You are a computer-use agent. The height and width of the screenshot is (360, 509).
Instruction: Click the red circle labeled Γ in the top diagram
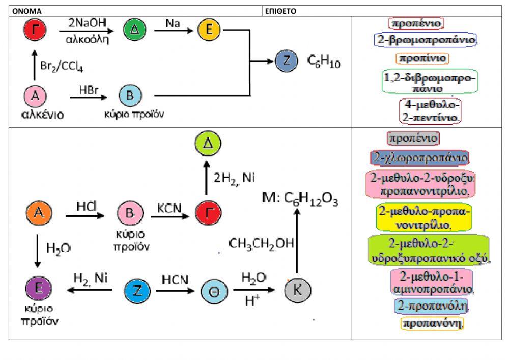pyautogui.click(x=35, y=31)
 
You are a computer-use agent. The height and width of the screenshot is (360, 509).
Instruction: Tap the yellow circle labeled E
pyautogui.click(x=209, y=31)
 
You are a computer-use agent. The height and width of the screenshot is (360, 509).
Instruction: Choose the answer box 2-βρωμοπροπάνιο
pyautogui.click(x=425, y=40)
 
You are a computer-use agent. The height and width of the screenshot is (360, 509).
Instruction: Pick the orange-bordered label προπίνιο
pyautogui.click(x=422, y=58)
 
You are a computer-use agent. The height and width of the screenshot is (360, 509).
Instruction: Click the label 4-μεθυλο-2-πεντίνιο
pyautogui.click(x=431, y=110)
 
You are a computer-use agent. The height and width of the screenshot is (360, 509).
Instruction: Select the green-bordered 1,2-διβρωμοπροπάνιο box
pyautogui.click(x=429, y=82)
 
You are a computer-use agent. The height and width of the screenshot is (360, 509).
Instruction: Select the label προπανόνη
pyautogui.click(x=433, y=323)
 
